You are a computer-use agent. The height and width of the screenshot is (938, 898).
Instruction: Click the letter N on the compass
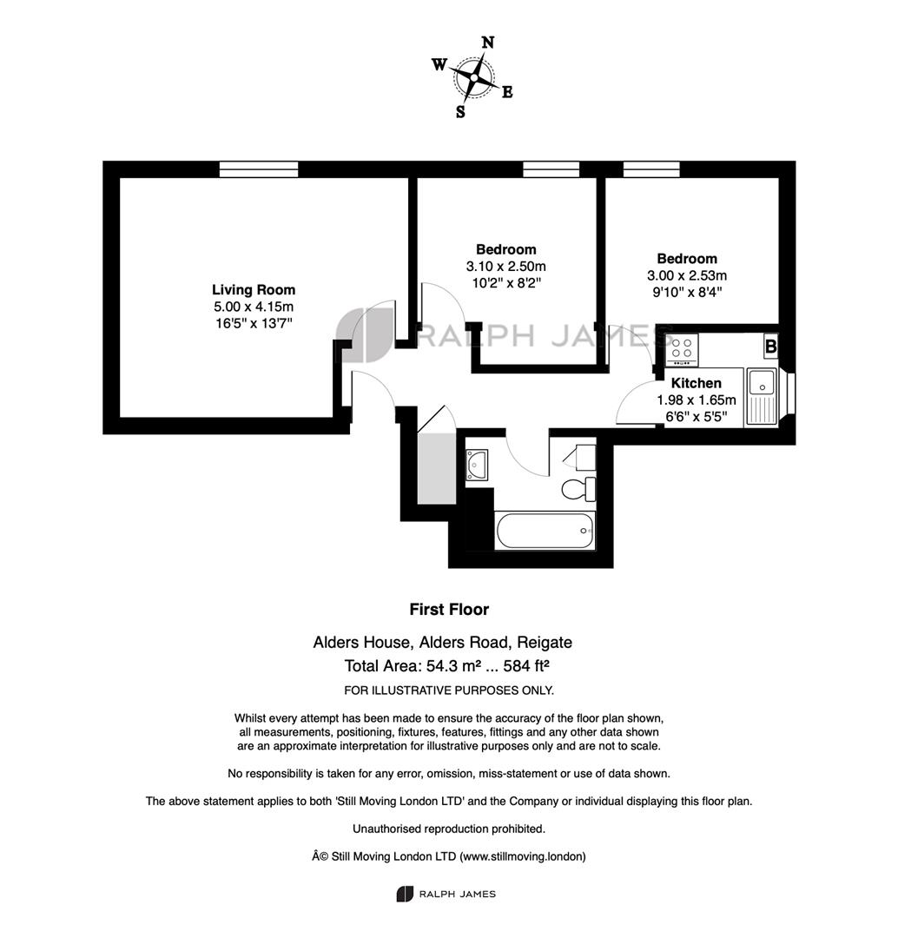coord(488,43)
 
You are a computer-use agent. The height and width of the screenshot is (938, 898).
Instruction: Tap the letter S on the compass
coord(460,112)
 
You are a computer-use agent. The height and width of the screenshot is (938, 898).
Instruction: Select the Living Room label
coord(254,290)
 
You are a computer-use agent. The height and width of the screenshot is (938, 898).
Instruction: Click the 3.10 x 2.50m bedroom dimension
coord(506,267)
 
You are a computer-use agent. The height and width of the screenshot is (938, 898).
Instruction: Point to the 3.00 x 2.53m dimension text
coord(687,276)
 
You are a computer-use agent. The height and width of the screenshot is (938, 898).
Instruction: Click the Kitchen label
coord(696,384)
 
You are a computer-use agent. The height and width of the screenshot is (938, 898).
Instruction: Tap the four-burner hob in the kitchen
coord(682,350)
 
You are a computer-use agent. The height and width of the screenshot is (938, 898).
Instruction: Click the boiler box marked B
coord(771,347)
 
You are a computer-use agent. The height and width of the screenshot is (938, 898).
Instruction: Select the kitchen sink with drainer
coord(762,397)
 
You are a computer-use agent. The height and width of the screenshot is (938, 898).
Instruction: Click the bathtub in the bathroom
coord(545,530)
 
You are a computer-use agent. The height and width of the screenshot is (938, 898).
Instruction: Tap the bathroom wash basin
coord(477,465)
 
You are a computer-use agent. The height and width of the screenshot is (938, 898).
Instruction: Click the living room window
coord(259,169)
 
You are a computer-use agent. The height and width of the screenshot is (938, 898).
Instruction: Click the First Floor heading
coord(449,610)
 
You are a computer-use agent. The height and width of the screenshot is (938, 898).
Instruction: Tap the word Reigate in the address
coord(545,643)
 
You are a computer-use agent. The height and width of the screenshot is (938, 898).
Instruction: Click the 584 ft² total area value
coord(526,666)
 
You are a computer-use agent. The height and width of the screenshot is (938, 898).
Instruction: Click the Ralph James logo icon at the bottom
coord(405,895)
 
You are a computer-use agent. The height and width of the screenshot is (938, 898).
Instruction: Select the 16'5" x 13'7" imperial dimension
coord(254,324)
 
